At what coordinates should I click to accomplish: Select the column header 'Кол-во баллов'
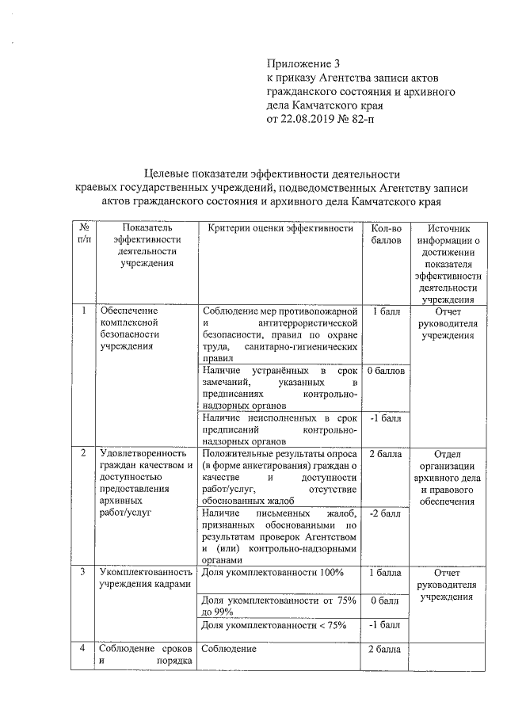point(387,234)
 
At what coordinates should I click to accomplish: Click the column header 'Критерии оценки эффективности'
point(280,229)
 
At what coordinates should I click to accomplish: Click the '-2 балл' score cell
point(385,513)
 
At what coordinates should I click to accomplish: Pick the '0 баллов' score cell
point(387,371)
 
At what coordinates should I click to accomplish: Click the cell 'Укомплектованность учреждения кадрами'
point(146,578)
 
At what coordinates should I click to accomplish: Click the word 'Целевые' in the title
point(171,174)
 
